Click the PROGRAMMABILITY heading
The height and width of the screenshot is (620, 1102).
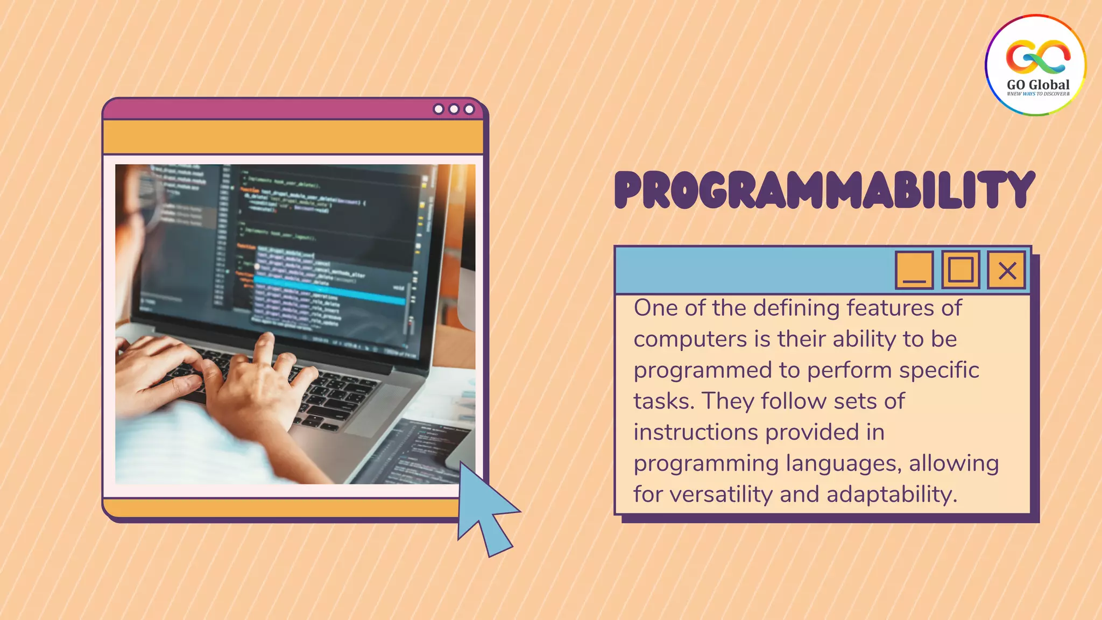pyautogui.click(x=824, y=190)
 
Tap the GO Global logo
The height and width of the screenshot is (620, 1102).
pyautogui.click(x=1036, y=65)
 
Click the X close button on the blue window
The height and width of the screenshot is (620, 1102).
pyautogui.click(x=1007, y=270)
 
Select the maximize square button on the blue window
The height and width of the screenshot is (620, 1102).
pyautogui.click(x=960, y=270)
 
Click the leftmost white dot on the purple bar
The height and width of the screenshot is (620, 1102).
pyautogui.click(x=439, y=109)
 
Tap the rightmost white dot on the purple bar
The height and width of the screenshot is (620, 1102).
pyautogui.click(x=469, y=109)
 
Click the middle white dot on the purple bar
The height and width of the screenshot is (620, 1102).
pyautogui.click(x=454, y=109)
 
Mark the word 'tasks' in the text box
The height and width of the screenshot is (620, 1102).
pyautogui.click(x=663, y=401)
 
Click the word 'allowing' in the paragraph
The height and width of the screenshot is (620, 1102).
pyautogui.click(x=953, y=463)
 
